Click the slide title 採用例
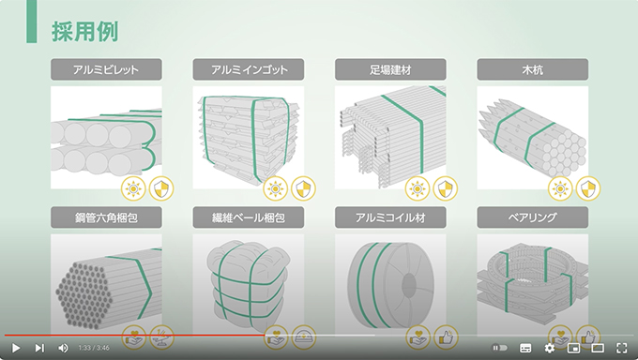[85, 31]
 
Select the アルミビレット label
[106, 69]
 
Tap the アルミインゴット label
[249, 69]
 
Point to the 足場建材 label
[390, 69]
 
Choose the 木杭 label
[532, 69]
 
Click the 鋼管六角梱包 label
[106, 217]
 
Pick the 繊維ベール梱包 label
[249, 217]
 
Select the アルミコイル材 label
[390, 217]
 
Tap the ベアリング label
[532, 217]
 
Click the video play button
[16, 348]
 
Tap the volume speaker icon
[63, 348]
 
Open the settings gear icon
[549, 348]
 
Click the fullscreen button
[622, 348]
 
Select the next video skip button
[39, 348]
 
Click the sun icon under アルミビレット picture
[133, 188]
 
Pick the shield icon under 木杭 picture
[588, 188]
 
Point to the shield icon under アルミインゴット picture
[303, 188]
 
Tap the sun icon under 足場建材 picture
[418, 188]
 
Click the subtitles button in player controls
[525, 348]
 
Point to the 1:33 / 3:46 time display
[94, 348]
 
